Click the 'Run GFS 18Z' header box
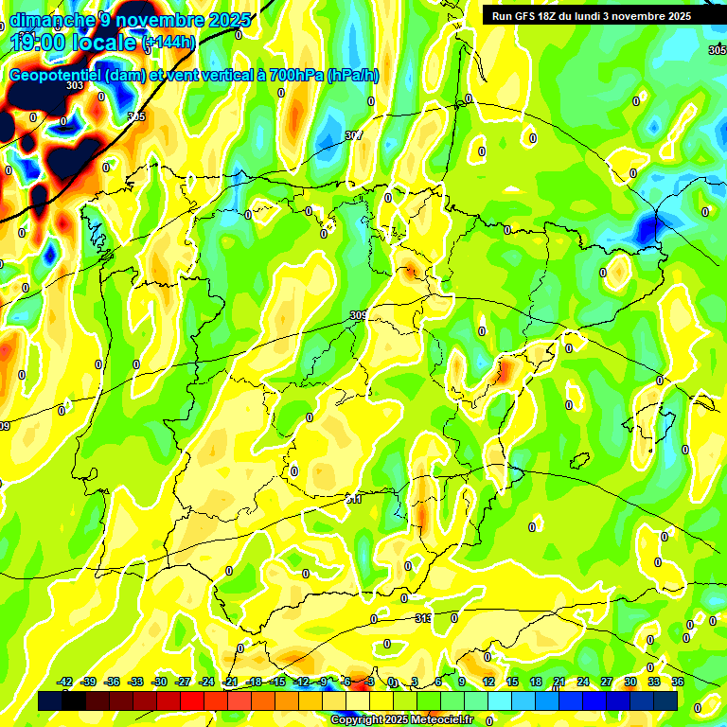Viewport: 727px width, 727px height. point(587,16)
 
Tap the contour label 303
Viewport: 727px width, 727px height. point(75,86)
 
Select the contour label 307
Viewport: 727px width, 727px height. point(353,136)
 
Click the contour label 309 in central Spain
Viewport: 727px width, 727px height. point(358,316)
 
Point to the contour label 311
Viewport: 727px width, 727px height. point(352,498)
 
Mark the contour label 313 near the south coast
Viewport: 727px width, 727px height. point(424,618)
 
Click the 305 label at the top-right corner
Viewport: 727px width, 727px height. point(717,49)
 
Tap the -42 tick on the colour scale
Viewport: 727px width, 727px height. point(65,682)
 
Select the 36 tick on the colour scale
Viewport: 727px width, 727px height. point(677,682)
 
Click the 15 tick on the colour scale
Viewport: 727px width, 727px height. point(512,682)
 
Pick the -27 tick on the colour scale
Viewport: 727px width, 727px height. point(183,682)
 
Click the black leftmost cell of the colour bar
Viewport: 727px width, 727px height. point(50,700)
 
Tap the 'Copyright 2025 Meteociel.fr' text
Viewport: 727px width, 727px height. point(401,720)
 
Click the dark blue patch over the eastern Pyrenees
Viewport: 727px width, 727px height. point(649,228)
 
